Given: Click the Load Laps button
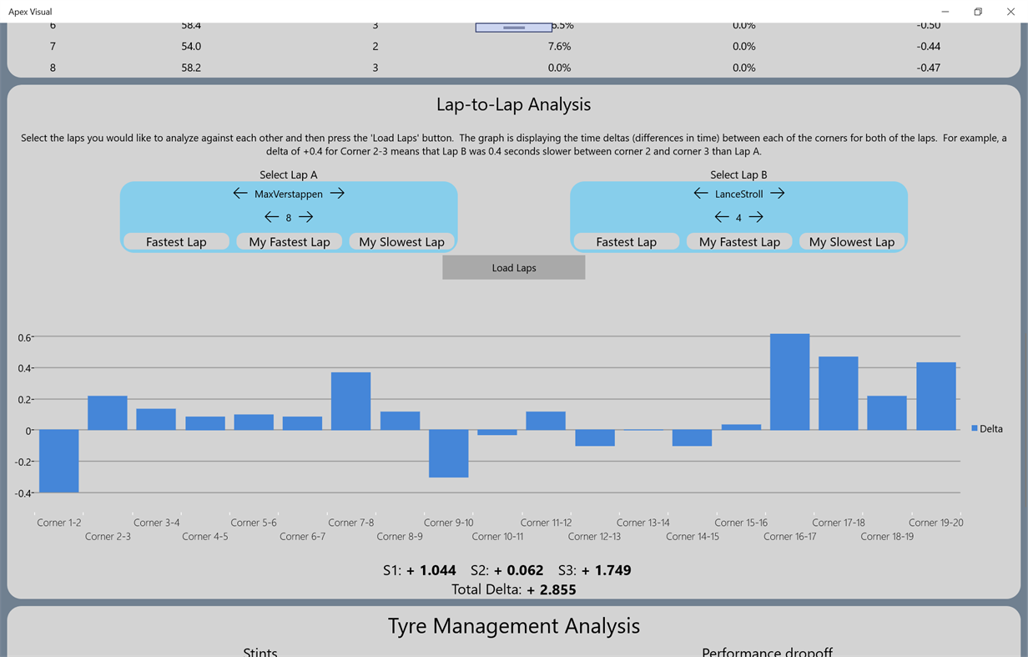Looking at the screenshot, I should (x=513, y=268).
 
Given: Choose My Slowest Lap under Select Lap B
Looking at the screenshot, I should (x=851, y=242).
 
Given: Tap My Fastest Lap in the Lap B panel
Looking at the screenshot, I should (x=739, y=242).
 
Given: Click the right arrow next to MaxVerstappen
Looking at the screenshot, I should (x=337, y=194).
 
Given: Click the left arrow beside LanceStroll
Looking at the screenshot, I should (x=701, y=194).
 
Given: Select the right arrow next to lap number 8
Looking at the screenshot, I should (x=306, y=217).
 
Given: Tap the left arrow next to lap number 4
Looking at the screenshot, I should (x=722, y=217).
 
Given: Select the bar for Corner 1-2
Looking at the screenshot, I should (x=59, y=461).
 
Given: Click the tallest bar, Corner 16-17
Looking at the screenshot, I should (x=789, y=382).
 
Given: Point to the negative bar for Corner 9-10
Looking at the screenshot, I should (x=449, y=453).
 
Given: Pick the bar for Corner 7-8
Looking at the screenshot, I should (x=351, y=401).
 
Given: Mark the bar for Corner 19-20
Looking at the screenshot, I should (x=936, y=397).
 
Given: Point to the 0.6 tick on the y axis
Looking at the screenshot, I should (x=24, y=337).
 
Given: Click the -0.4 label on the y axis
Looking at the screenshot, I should (x=23, y=493).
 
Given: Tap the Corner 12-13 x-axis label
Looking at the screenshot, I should (x=594, y=537).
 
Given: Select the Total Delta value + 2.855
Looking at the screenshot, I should (x=551, y=589).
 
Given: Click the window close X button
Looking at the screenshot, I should (x=1010, y=12).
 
